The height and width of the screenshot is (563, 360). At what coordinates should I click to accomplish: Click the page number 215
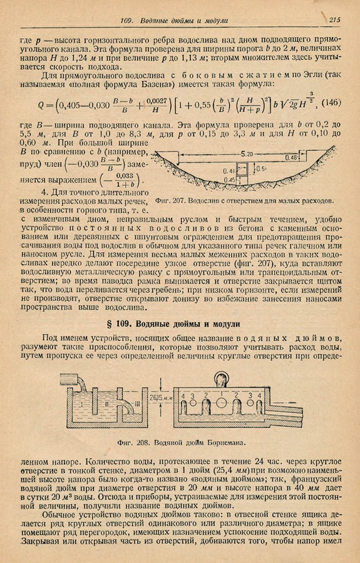pyautogui.click(x=333, y=20)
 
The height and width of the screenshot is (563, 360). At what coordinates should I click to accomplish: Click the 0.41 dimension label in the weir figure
pyautogui.click(x=230, y=170)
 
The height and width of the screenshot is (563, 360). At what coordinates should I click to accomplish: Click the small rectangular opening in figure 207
pyautogui.click(x=245, y=170)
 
